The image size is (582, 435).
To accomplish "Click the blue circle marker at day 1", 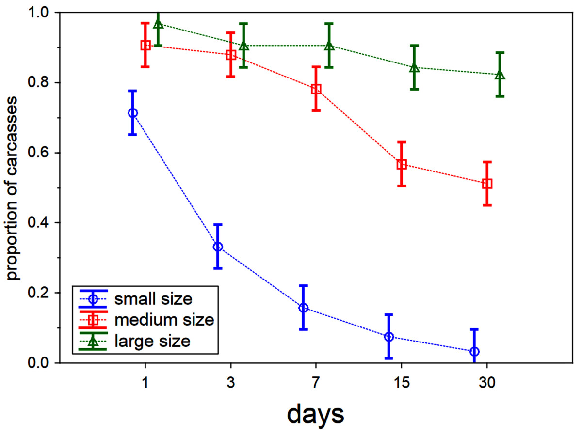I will (x=132, y=113).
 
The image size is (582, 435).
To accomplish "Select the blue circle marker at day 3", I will (x=218, y=247).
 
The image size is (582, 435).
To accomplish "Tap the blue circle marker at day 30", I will (x=475, y=351).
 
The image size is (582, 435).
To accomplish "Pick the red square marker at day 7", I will (x=316, y=89).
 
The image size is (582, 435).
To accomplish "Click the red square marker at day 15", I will (x=402, y=164).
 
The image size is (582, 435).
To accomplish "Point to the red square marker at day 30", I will (x=487, y=184).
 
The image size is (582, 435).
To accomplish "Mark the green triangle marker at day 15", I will (x=414, y=67).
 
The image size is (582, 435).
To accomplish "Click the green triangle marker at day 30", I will (x=500, y=75).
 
